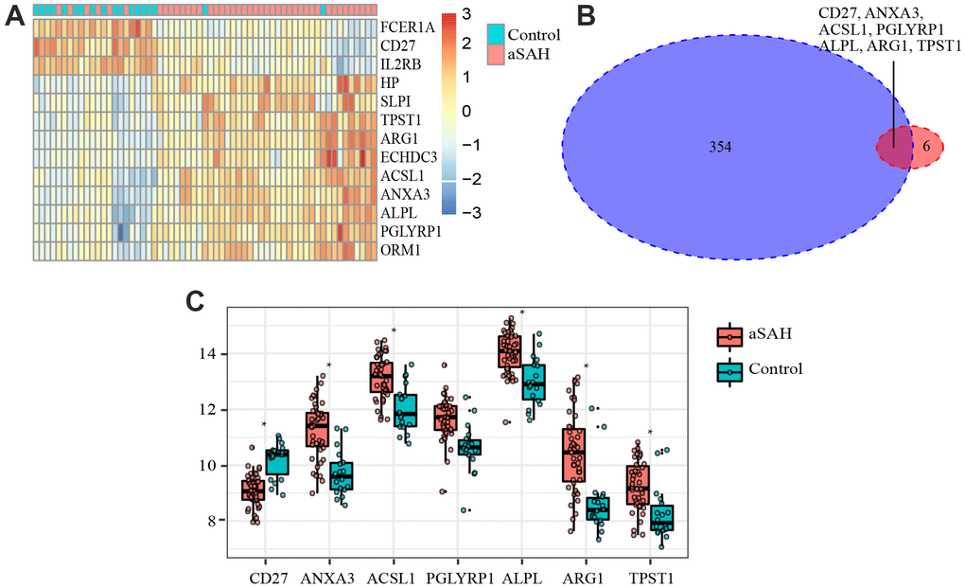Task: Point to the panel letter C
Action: pos(196,301)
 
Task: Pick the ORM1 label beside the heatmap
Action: pos(399,251)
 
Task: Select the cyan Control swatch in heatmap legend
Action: pos(496,35)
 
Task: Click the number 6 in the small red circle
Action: pos(924,149)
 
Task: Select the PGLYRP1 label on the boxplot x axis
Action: pos(457,575)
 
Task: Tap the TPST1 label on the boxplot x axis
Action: pos(651,575)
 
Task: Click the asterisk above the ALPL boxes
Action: pos(521,312)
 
